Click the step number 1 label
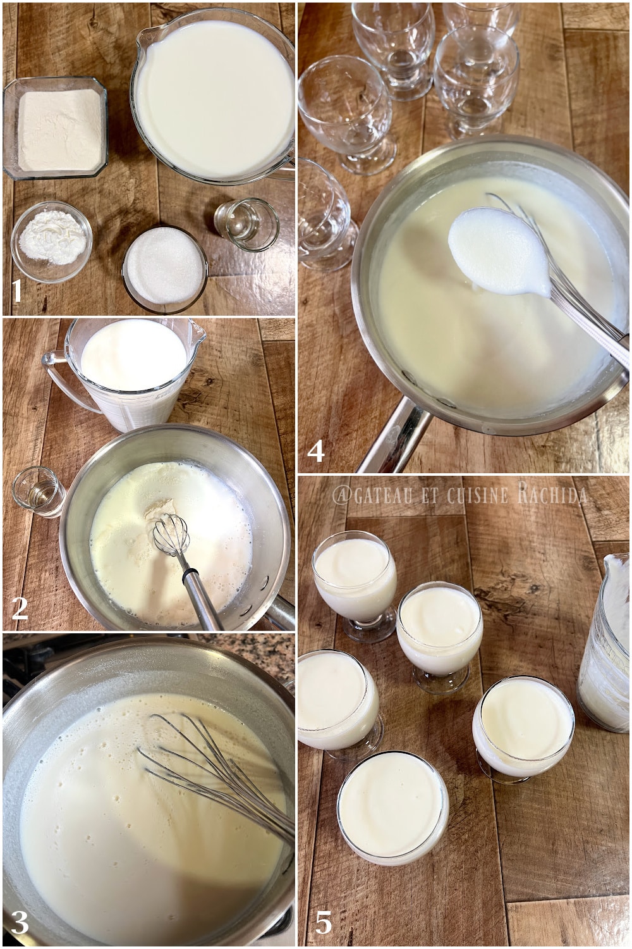pyautogui.click(x=17, y=292)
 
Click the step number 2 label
pyautogui.click(x=20, y=607)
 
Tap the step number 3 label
pyautogui.click(x=20, y=923)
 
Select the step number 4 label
pyautogui.click(x=315, y=451)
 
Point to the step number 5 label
pyautogui.click(x=323, y=923)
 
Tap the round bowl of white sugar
pyautogui.click(x=164, y=268)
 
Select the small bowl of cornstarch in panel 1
pyautogui.click(x=51, y=240)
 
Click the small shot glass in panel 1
pyautogui.click(x=246, y=223)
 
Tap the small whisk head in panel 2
pyautogui.click(x=171, y=533)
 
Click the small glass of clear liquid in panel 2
pyautogui.click(x=38, y=491)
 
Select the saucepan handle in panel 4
pyautogui.click(x=392, y=440)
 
